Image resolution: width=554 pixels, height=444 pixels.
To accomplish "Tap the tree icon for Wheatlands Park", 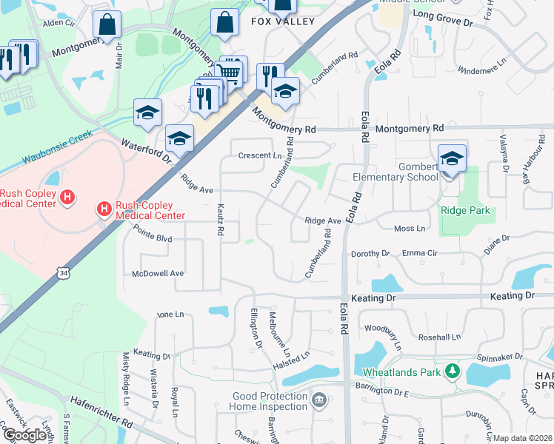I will (x=452, y=371).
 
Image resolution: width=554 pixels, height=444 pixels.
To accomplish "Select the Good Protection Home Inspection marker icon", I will (x=318, y=400).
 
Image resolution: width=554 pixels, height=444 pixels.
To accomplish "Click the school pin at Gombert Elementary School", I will (x=452, y=158).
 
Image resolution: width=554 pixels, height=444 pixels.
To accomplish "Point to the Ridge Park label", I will (x=465, y=210).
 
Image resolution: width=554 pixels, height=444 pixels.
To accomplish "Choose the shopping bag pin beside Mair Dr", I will (x=107, y=24).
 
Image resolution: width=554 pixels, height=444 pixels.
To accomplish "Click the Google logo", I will (x=26, y=435).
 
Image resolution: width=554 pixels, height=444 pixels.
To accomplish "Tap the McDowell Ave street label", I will (x=157, y=273).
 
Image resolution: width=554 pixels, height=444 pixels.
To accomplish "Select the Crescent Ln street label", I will (x=260, y=155).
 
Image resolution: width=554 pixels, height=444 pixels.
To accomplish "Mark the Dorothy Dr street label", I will (x=370, y=253).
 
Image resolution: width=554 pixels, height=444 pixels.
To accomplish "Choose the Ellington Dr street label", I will (x=257, y=328).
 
